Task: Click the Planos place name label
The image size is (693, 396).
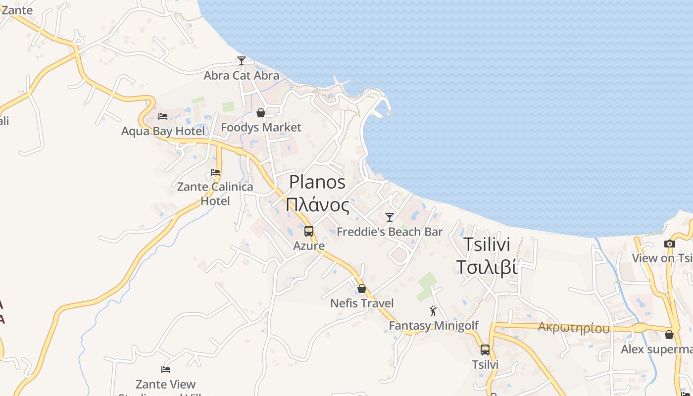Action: [x=317, y=182]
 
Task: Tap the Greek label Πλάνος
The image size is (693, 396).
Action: [x=317, y=204]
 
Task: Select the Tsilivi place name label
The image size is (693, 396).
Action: [x=487, y=245]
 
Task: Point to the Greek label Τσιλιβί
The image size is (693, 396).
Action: [x=487, y=267]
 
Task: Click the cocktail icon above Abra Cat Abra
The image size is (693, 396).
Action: [x=242, y=61]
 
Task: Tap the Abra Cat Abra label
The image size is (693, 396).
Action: [x=242, y=76]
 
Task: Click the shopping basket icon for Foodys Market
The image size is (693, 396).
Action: [x=261, y=113]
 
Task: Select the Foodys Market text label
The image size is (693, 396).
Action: [x=261, y=128]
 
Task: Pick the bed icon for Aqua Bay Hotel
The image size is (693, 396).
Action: [x=163, y=116]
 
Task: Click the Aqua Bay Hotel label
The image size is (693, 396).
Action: [x=163, y=131]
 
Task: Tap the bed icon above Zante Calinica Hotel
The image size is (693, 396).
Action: [x=215, y=172]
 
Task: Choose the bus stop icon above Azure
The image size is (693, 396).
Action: [x=309, y=231]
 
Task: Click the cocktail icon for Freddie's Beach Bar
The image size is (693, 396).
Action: [x=390, y=217]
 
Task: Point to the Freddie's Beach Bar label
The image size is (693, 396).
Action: [x=390, y=232]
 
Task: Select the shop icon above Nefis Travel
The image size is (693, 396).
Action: [x=362, y=289]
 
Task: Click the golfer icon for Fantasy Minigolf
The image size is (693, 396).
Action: [x=434, y=311]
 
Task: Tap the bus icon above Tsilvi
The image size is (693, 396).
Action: [x=485, y=350]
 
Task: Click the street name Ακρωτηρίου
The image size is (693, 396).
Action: [x=574, y=328]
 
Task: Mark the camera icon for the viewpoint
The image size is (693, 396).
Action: [x=670, y=244]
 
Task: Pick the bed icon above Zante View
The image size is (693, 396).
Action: [x=166, y=370]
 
